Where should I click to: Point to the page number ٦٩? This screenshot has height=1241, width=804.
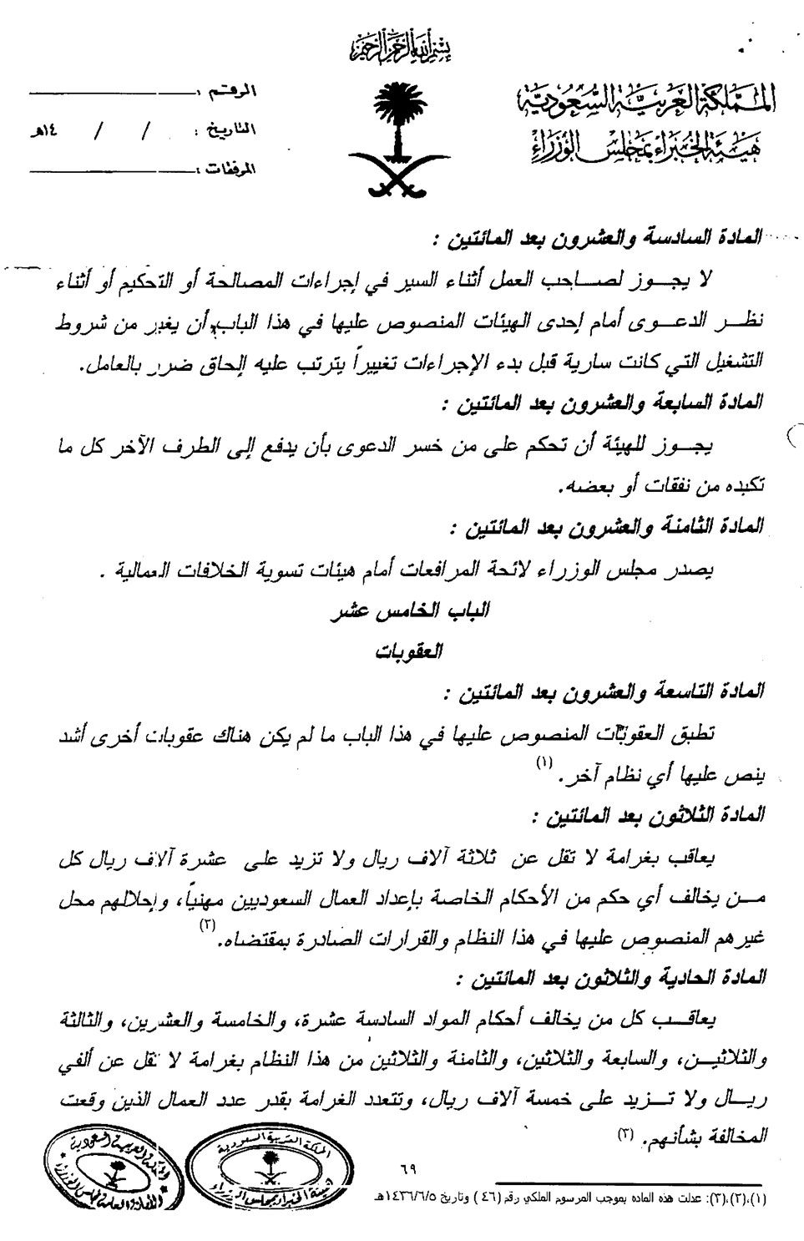point(409,1170)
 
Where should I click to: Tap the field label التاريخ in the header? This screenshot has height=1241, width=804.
point(231,130)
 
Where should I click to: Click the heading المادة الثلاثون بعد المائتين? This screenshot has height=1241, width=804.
point(635,815)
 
